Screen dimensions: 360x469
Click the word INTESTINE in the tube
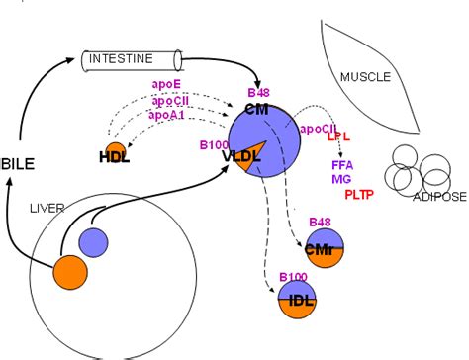point(121,58)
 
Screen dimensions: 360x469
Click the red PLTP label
point(359,194)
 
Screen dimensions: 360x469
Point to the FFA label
point(342,164)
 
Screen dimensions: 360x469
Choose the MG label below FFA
point(340,179)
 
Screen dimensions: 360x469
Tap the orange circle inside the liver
point(71,274)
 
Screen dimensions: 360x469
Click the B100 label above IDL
point(293,276)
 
